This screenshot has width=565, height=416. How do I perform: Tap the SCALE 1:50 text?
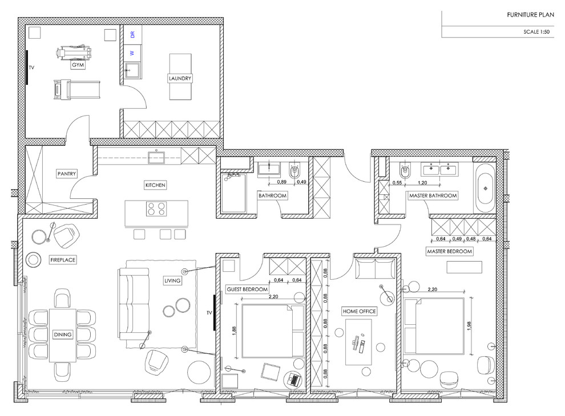click(x=535, y=32)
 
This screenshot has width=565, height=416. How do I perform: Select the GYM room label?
click(x=77, y=66)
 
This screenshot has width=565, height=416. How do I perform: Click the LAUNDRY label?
click(x=180, y=78)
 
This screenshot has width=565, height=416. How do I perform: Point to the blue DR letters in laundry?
click(x=132, y=35)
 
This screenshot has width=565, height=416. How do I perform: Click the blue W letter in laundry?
click(x=132, y=52)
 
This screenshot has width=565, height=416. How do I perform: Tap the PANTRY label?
click(x=67, y=174)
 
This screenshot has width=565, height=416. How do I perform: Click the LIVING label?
click(x=172, y=280)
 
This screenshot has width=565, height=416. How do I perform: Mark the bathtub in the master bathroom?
click(x=486, y=186)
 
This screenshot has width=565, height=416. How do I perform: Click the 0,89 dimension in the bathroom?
click(x=281, y=182)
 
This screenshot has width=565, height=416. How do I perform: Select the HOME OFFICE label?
click(x=359, y=311)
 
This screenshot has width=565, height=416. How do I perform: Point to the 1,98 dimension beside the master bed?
click(x=469, y=324)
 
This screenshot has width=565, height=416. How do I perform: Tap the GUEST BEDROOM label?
click(x=247, y=289)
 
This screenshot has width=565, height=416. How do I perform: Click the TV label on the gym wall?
click(x=32, y=67)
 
